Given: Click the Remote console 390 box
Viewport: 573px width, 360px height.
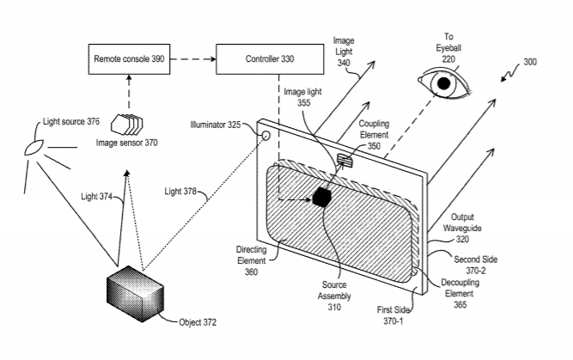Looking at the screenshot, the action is tap(129, 59).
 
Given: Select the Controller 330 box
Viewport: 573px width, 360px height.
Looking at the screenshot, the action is tap(270, 59).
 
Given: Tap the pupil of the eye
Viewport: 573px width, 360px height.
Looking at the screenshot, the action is tap(443, 83).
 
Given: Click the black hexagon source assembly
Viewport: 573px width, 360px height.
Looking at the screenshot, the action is tap(322, 198).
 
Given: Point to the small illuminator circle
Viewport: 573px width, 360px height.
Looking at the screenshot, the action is tap(266, 136).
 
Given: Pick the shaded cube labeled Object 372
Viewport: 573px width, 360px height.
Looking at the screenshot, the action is tap(135, 294).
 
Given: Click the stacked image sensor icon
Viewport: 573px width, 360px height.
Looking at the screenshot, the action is tap(127, 125).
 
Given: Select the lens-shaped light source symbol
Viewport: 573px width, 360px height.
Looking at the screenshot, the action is tap(34, 147).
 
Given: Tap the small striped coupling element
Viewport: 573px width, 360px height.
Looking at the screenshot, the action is tap(344, 161).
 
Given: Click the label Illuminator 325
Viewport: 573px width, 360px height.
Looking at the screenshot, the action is tap(216, 125).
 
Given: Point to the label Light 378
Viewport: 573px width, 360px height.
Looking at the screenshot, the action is tap(180, 192).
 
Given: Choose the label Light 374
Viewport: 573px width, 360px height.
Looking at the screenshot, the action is tap(96, 197).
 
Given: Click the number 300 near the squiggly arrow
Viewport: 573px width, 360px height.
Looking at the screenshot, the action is tap(530, 62).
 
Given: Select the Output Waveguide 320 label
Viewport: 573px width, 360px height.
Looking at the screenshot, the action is tap(462, 228).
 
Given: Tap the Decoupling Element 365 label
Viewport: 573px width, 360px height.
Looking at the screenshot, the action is tap(460, 294).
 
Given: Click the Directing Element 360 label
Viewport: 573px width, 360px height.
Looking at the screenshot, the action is tap(251, 260).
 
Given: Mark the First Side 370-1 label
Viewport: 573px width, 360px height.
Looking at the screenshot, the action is tap(393, 315).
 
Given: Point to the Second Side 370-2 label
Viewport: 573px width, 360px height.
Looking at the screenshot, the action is tap(475, 265).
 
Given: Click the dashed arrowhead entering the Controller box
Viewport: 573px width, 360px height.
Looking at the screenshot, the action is tap(213, 59).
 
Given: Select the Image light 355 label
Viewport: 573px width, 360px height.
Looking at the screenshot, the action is tap(303, 97).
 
